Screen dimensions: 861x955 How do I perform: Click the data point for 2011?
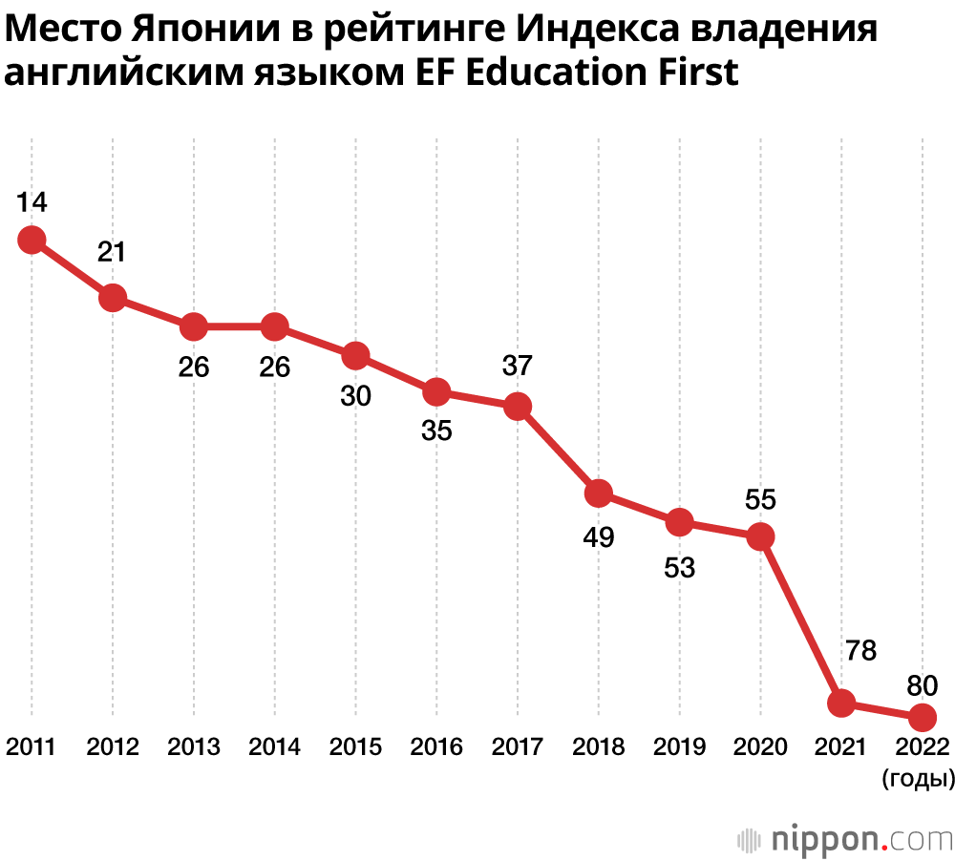coord(32,240)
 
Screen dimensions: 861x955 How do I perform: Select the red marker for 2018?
coord(599,493)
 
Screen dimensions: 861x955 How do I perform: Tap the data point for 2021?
coord(841,703)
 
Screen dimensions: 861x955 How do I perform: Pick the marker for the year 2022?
coord(922,716)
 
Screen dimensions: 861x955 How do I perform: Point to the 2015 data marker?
coord(355,356)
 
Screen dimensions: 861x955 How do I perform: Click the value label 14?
coord(32,201)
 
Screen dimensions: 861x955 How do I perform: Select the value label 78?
coord(859,651)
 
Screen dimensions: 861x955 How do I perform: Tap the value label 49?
coord(599,538)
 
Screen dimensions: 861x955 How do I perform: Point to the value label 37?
coord(517,365)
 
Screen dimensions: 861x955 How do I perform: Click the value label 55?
coord(760,499)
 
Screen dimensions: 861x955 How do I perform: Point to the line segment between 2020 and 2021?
coord(801,620)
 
